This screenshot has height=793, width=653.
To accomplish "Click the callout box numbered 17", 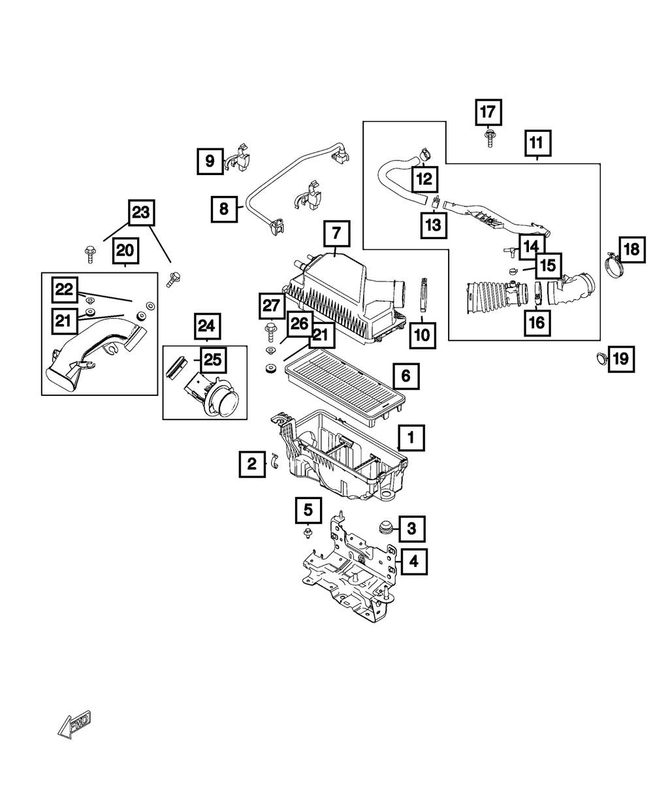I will tap(488, 112).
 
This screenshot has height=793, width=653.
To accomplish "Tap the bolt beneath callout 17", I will tap(489, 138).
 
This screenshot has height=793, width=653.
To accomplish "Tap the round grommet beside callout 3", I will tap(384, 526).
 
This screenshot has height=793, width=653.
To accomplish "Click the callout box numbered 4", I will tap(415, 560).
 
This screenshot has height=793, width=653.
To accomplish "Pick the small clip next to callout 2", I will tap(275, 462).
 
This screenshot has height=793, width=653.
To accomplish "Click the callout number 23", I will tap(141, 212).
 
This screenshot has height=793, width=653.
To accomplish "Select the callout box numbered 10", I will tap(422, 336).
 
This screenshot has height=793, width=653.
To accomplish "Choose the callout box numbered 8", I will tap(224, 208).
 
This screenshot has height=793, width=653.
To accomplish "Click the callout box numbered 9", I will tap(210, 161).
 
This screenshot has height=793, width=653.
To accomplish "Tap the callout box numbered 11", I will tap(536, 142).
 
